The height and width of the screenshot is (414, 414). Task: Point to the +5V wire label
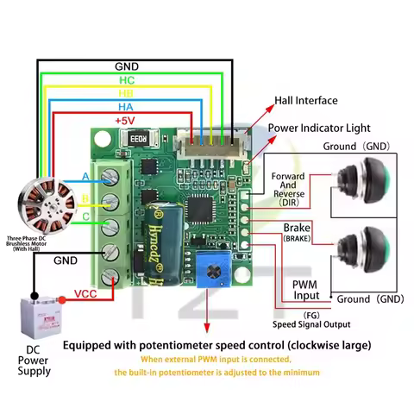coord(126,120)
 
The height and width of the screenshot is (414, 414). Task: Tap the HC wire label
coord(126,78)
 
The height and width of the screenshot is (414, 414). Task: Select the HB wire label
coord(126,92)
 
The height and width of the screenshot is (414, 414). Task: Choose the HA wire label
coord(126,106)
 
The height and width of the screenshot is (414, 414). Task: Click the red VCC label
coord(85,293)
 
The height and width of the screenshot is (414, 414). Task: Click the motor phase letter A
coord(85,177)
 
